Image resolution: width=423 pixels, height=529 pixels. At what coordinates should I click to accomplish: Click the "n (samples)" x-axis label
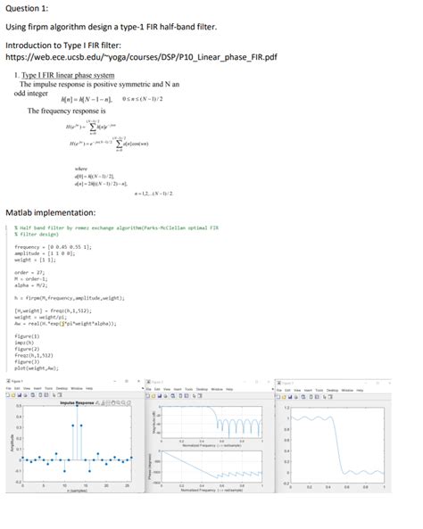point(79,492)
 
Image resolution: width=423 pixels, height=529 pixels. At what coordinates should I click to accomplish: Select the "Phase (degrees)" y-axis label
point(155,464)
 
